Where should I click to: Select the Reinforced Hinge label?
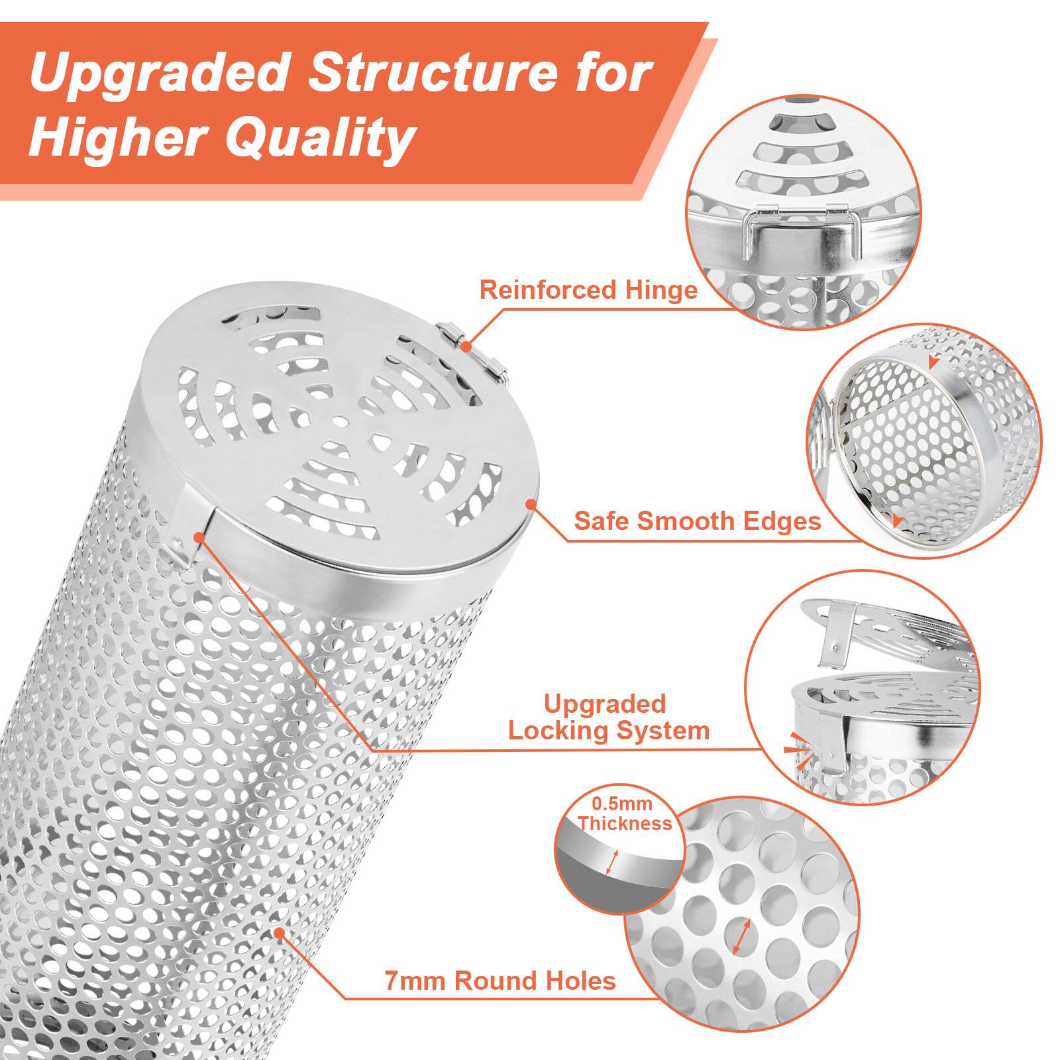[588, 290]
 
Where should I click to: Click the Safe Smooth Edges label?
[697, 521]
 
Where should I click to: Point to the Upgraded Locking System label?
[608, 717]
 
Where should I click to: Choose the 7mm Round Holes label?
[500, 980]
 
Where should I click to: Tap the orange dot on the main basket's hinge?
[466, 346]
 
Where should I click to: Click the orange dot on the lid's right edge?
[530, 504]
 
